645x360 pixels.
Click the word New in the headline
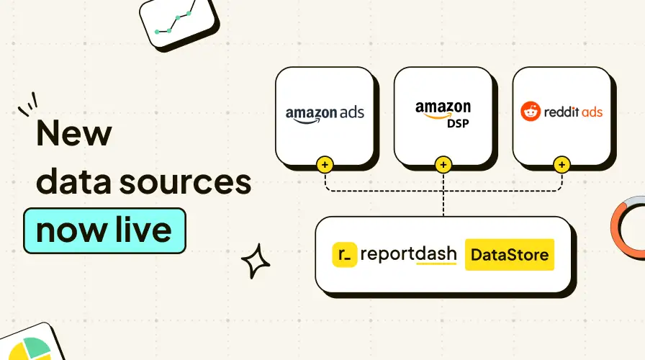tap(74, 135)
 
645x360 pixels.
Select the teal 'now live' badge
tap(104, 230)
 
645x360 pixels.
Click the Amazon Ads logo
tap(325, 113)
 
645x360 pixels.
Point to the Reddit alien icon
tap(529, 112)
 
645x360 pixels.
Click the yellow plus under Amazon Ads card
tap(325, 165)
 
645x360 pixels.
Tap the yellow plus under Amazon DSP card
tap(443, 165)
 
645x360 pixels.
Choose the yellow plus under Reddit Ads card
tap(561, 165)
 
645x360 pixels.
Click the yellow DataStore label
tap(510, 254)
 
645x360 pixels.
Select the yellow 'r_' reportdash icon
tap(345, 255)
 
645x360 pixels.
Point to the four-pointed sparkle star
tap(255, 261)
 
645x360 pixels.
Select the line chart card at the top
tap(178, 19)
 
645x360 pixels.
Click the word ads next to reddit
tap(589, 112)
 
